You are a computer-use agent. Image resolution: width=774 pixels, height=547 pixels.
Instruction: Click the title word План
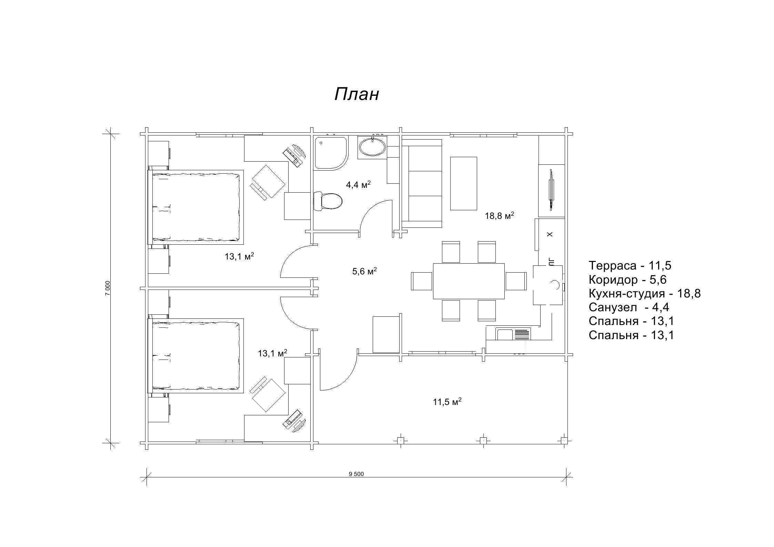(356, 94)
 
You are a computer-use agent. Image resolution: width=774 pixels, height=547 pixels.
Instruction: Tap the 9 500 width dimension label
(356, 474)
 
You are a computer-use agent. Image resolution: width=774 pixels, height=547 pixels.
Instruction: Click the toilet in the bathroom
(328, 201)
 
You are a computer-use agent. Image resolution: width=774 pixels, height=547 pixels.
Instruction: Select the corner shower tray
(331, 153)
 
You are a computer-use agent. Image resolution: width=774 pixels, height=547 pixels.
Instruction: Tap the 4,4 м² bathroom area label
(358, 184)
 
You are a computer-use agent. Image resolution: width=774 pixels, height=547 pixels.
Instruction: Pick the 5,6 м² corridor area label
(364, 271)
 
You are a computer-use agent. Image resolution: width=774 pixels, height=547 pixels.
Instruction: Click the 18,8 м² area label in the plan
(500, 216)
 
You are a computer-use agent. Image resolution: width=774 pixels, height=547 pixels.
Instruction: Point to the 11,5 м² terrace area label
(447, 402)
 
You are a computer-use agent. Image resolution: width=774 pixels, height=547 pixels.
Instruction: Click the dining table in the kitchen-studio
(469, 281)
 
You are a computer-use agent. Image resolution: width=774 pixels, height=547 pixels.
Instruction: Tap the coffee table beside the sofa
(463, 183)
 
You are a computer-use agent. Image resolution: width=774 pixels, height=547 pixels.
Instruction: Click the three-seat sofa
(422, 183)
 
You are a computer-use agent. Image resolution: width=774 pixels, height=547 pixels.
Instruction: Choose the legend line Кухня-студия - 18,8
(644, 293)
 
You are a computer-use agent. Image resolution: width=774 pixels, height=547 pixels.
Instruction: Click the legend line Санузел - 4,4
(629, 307)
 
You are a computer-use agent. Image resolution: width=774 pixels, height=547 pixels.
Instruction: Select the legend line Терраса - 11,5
(630, 265)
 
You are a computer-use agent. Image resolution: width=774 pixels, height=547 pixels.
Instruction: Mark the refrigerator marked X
(550, 234)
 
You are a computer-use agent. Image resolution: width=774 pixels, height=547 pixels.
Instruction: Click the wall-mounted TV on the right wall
(551, 190)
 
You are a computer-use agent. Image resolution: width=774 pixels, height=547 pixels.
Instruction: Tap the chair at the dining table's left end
(422, 281)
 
